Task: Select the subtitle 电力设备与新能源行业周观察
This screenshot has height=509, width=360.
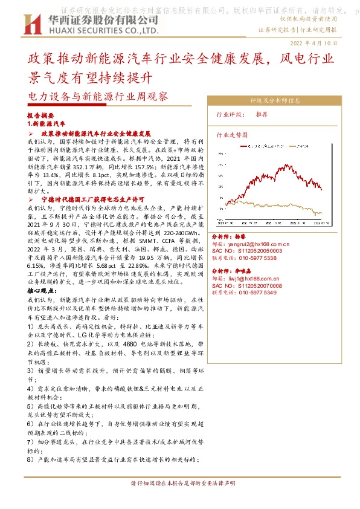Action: pos(98,96)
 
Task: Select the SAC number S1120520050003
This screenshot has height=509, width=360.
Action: pos(260,250)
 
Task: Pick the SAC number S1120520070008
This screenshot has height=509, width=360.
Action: pos(260,285)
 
